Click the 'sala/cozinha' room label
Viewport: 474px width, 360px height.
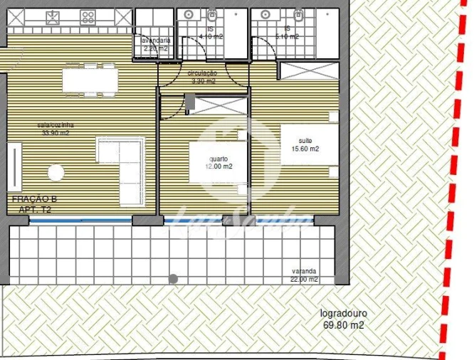(x=54, y=125)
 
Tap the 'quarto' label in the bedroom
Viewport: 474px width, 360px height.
(x=218, y=159)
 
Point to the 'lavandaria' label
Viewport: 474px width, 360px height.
(x=156, y=41)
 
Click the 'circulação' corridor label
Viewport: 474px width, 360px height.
(x=202, y=74)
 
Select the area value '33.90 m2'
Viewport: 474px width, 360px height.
(x=56, y=133)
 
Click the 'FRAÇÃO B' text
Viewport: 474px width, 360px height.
(x=33, y=201)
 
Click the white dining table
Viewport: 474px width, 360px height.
(x=89, y=80)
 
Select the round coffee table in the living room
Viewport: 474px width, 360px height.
(x=56, y=172)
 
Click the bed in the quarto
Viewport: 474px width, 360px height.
(x=218, y=167)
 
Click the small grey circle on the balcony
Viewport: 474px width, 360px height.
(x=173, y=279)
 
